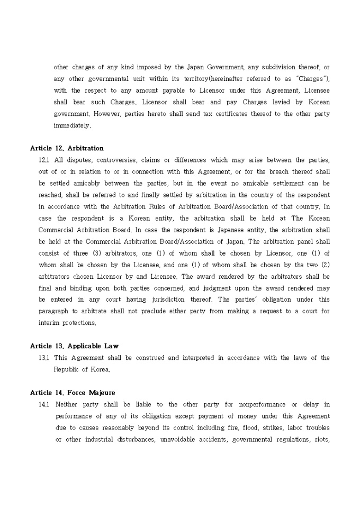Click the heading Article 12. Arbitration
coord(67,148)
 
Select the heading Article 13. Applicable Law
coord(74,346)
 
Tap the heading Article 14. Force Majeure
coord(73,393)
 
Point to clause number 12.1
coord(44,160)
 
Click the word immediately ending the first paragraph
coord(72,125)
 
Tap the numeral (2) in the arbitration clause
coord(323,265)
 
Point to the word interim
coord(47,323)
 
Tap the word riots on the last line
coord(321,439)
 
